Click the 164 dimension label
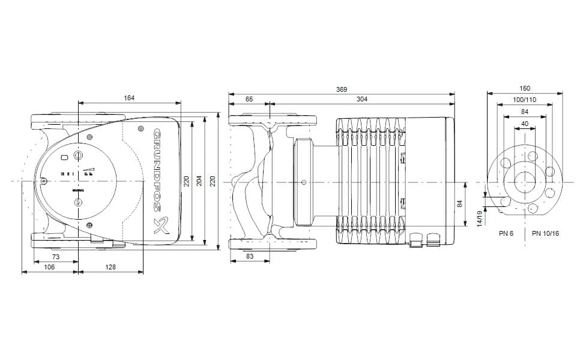coord(129,98)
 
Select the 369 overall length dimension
coord(341,89)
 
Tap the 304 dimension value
coord(361,99)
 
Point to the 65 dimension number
coord(249,99)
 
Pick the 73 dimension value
coord(56,257)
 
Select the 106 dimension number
coord(49,267)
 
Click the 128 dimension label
coord(110,267)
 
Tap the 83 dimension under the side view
coord(249,257)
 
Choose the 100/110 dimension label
coord(525,100)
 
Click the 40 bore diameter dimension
coord(525,124)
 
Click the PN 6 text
coord(506,233)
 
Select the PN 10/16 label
coord(545,233)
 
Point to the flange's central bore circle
coord(525,181)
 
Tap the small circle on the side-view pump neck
coord(304,181)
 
